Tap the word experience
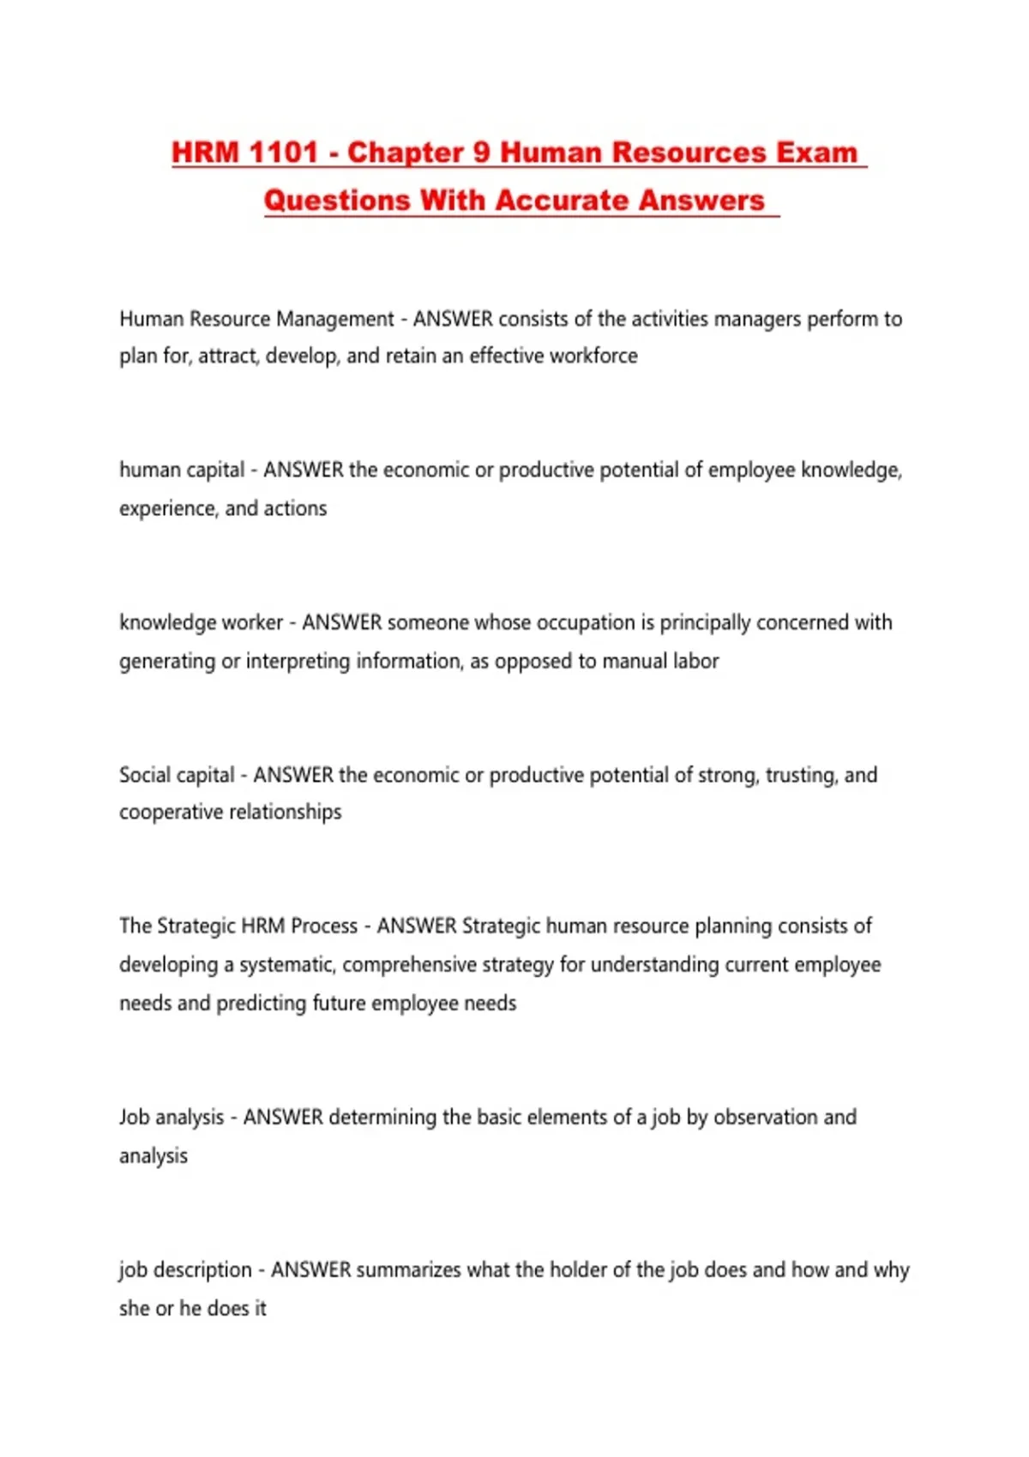[x=166, y=509]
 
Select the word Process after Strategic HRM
[x=324, y=926]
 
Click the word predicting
[x=261, y=1003]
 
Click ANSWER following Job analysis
[x=283, y=1117]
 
